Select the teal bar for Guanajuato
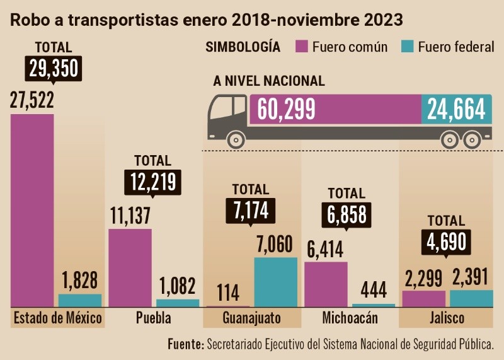pyautogui.click(x=275, y=282)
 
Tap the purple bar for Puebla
pyautogui.click(x=130, y=267)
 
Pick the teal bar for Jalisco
pyautogui.click(x=472, y=298)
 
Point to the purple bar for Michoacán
pyautogui.click(x=326, y=284)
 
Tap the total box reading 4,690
pyautogui.click(x=446, y=243)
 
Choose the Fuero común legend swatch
pyautogui.click(x=301, y=47)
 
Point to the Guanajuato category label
pyautogui.click(x=251, y=317)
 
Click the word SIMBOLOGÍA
pyautogui.click(x=243, y=47)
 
